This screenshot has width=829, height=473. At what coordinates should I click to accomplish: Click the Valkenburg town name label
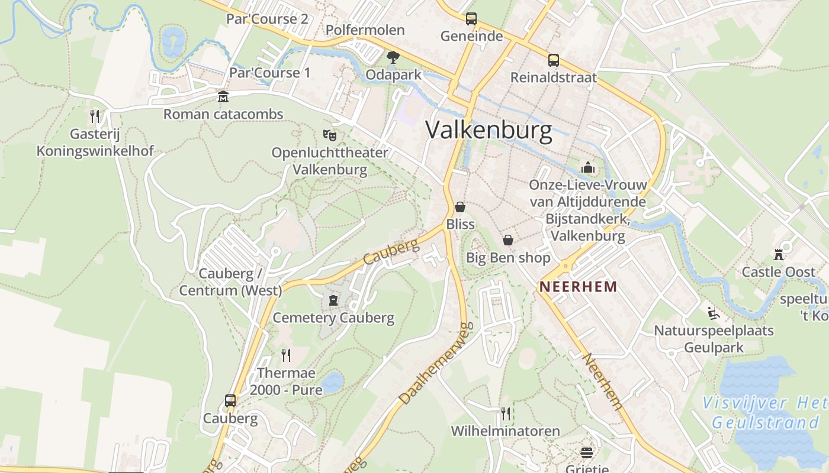[489, 130]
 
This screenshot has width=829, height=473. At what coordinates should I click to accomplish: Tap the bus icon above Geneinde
[471, 19]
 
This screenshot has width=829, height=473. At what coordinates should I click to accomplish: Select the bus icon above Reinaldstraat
[554, 60]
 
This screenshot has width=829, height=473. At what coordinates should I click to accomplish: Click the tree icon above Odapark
[393, 57]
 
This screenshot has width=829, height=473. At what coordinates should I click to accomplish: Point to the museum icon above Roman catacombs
[223, 96]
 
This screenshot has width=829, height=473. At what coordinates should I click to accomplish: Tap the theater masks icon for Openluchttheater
[330, 135]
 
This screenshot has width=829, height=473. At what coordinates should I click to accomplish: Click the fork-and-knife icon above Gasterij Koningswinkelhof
[95, 116]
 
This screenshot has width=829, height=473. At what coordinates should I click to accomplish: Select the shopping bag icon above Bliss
[460, 207]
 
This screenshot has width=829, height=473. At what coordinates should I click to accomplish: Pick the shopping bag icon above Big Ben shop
[508, 240]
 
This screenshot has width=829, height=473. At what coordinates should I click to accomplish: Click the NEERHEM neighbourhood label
[578, 287]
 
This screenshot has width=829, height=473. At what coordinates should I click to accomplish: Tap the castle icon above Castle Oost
[779, 255]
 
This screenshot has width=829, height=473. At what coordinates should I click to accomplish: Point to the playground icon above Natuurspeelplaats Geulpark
[714, 313]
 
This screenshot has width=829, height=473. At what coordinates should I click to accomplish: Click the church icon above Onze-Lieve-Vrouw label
[588, 168]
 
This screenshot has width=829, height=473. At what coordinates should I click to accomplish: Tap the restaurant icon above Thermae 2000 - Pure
[286, 355]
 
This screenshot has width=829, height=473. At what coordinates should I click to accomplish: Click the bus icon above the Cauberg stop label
[230, 401]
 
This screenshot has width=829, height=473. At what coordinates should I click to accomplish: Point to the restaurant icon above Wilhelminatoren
[505, 413]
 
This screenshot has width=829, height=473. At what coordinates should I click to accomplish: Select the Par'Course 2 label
[267, 19]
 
